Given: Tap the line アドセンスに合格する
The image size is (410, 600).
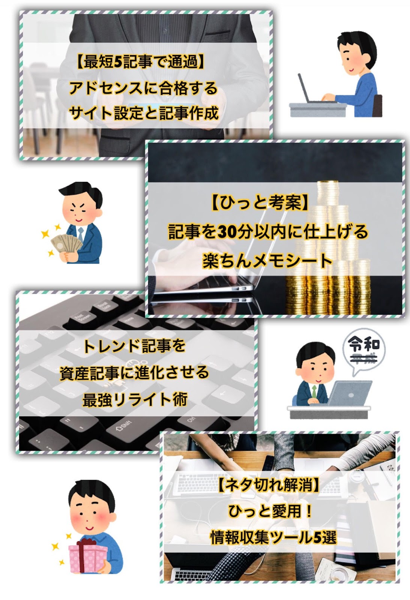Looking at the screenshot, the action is coord(143,88).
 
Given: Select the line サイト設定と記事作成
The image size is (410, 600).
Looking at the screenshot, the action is coord(143,112).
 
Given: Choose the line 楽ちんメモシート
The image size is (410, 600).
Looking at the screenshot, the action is coord(267,261).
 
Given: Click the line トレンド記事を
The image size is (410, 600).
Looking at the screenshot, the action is coord(134,346).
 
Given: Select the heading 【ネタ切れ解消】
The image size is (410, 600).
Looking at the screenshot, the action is coord(269,486).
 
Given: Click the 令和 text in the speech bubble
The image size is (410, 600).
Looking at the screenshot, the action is coord(364,343).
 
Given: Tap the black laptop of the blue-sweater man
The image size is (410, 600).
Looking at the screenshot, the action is coord(306,90).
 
